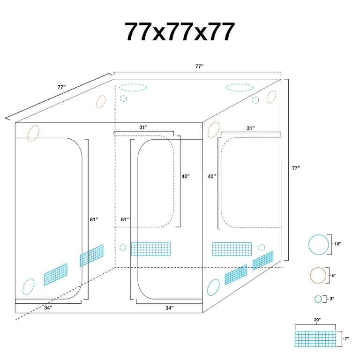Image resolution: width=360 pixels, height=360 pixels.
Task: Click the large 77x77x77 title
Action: click(180, 32)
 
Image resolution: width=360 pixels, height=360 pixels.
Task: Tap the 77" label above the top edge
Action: click(199, 67)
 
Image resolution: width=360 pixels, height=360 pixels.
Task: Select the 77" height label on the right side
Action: click(296, 168)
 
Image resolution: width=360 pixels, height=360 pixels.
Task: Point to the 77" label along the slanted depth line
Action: click(61, 87)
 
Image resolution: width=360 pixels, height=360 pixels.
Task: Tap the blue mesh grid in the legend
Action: click(315, 338)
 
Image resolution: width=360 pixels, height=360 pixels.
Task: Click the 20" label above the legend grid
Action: click(317, 320)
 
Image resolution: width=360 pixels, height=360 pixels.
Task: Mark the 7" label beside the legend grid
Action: click(347, 338)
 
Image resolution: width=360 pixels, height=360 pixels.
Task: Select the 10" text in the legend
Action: click(337, 244)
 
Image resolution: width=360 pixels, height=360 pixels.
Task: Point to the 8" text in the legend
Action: click(334, 275)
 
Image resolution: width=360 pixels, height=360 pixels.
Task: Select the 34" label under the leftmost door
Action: click(48, 307)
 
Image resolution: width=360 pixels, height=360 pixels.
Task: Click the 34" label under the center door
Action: click(169, 308)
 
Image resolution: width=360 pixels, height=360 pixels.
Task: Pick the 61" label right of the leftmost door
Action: click(94, 219)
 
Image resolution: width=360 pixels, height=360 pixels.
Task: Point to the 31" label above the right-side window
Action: click(251, 128)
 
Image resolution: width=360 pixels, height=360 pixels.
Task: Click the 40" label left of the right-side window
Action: click(212, 176)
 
